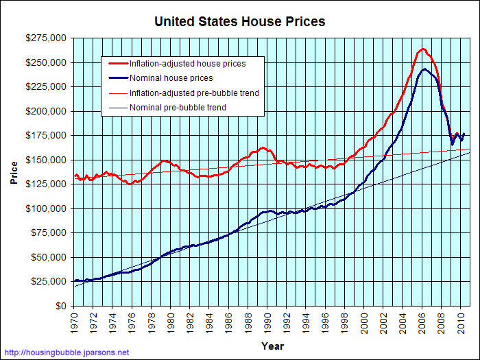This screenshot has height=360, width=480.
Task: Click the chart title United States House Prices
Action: tap(239, 21)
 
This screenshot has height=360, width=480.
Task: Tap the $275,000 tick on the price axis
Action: tap(48, 38)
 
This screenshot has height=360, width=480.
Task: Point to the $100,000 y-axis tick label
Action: tap(48, 208)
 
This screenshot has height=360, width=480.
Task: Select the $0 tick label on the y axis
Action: tap(60, 306)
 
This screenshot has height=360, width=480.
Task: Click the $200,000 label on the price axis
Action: tap(48, 111)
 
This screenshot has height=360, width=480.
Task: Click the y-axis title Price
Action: tap(14, 172)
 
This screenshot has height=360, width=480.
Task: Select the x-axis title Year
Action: tap(272, 346)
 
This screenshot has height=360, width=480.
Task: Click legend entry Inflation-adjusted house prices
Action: tap(187, 64)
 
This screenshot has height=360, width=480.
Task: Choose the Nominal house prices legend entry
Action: tap(171, 78)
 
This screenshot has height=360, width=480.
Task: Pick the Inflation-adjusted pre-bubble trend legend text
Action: tap(194, 93)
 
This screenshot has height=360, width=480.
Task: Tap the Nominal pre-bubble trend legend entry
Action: tap(178, 108)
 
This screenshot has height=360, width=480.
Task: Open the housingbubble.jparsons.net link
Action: tap(65, 352)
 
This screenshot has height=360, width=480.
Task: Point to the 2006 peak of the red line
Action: tap(423, 49)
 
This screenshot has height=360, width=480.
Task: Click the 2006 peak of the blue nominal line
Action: tap(425, 69)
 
